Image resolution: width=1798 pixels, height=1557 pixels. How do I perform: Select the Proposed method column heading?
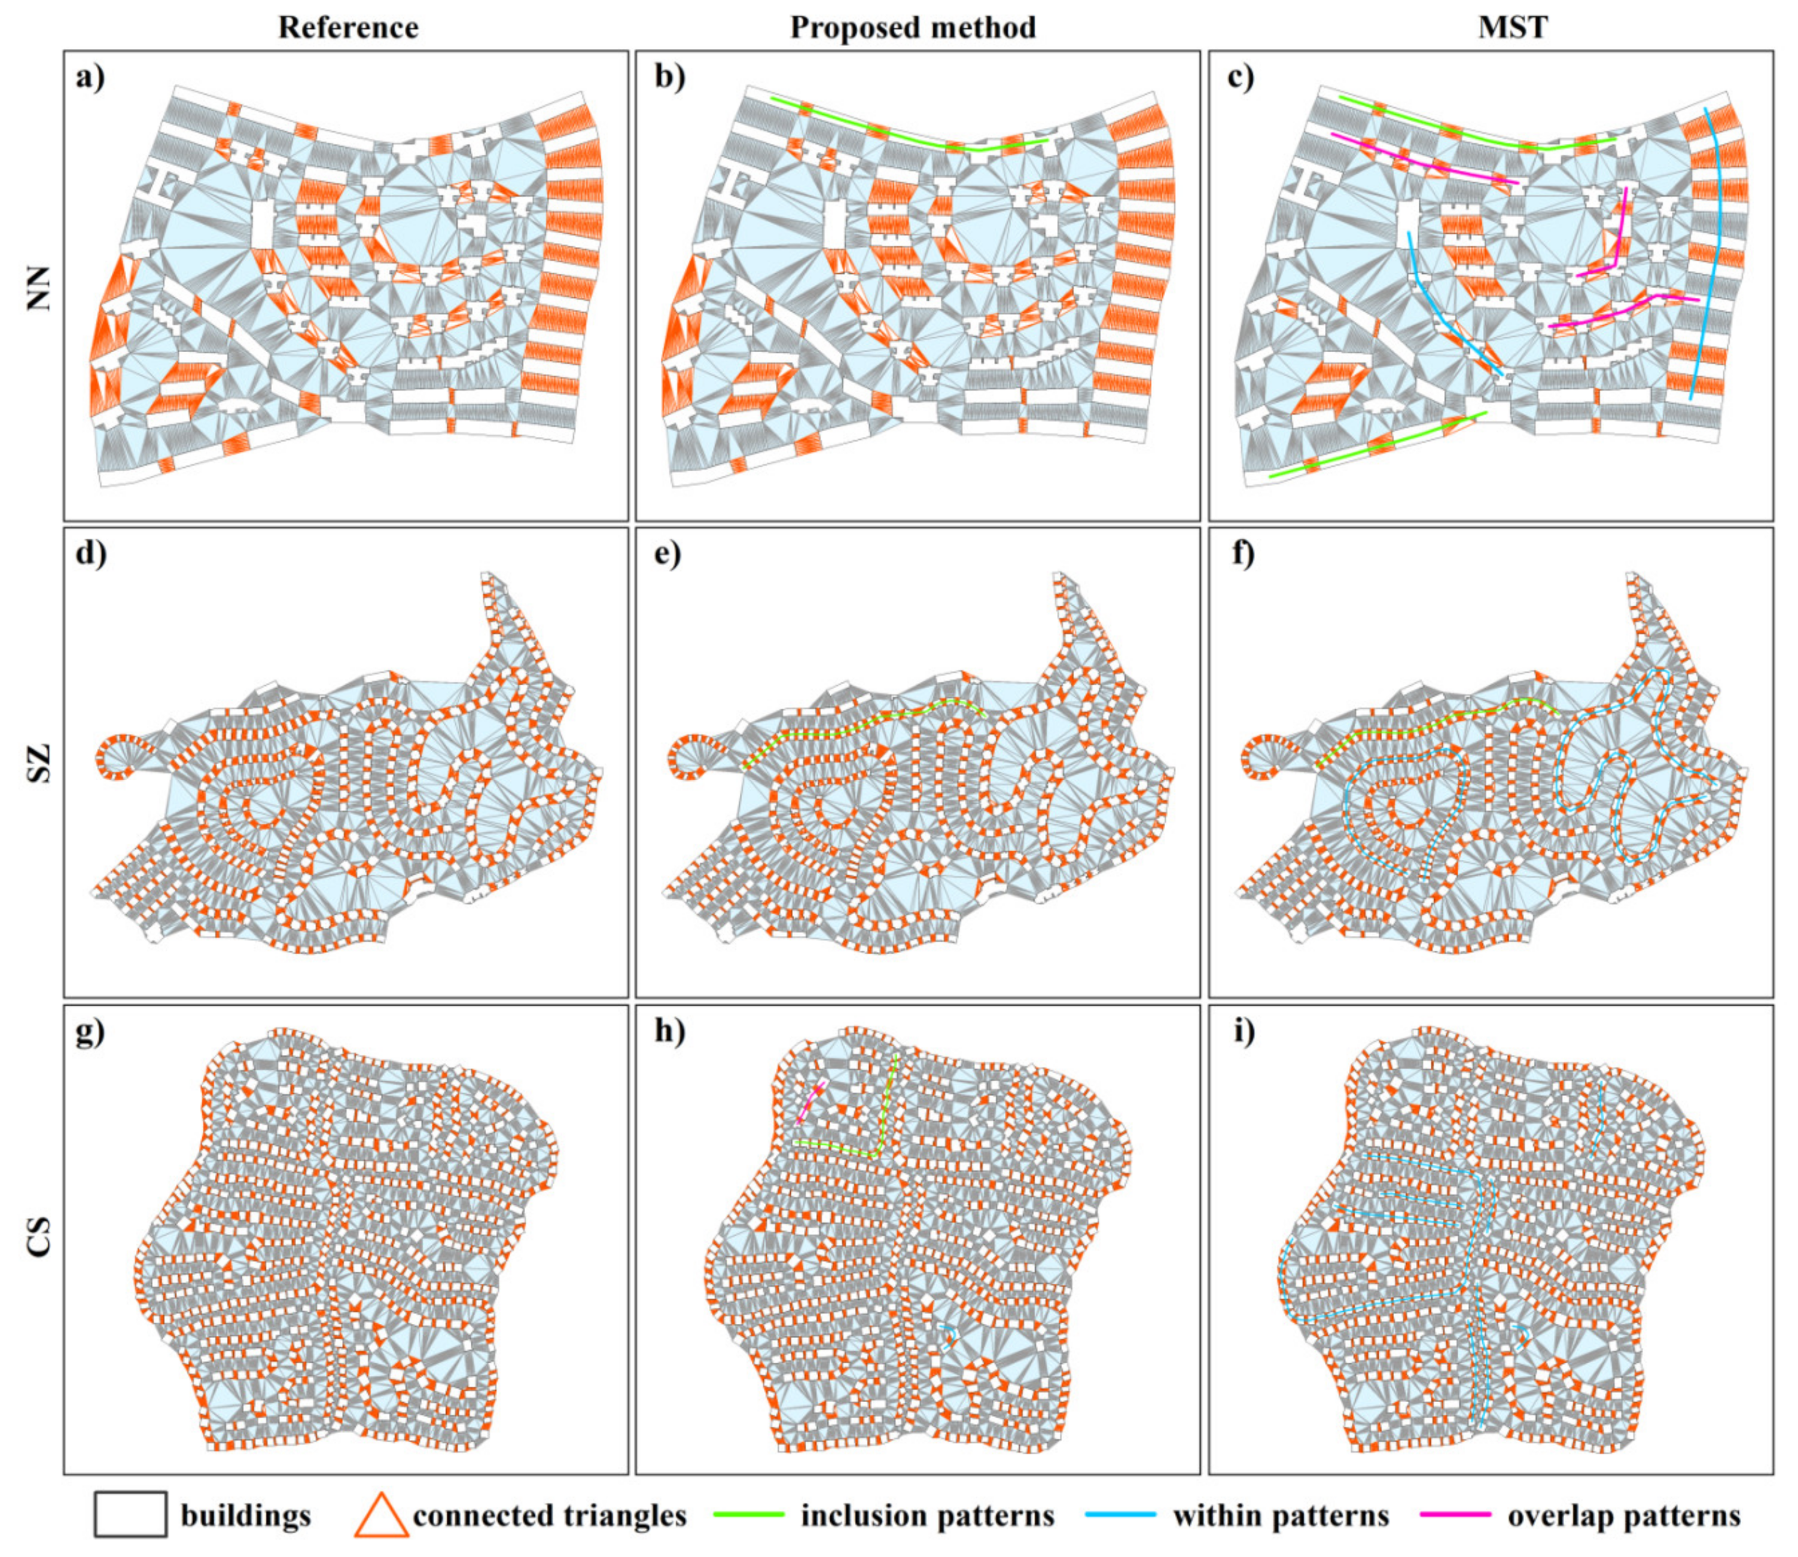tap(913, 28)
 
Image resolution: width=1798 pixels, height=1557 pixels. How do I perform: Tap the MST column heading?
tap(1513, 28)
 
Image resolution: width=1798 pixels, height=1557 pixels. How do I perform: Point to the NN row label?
tap(39, 288)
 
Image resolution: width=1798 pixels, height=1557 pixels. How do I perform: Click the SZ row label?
tap(39, 763)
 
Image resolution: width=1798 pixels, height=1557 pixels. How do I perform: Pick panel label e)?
tap(668, 554)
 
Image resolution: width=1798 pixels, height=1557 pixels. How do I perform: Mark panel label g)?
tap(90, 1033)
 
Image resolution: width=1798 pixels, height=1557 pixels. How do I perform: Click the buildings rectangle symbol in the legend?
tap(130, 1515)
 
